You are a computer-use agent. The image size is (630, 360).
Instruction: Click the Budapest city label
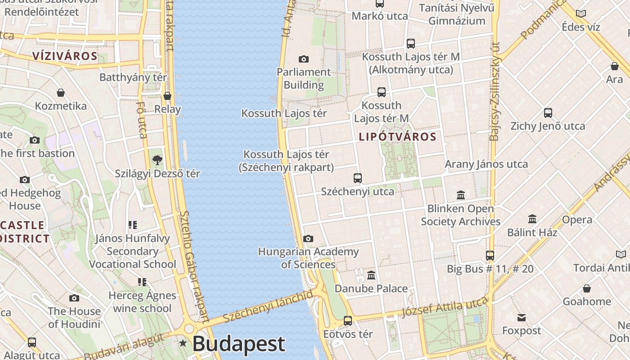tap(238, 344)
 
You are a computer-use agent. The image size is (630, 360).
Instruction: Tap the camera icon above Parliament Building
tap(304, 59)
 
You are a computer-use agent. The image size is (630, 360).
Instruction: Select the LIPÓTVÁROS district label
tap(398, 137)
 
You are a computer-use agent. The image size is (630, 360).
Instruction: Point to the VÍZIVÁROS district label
tap(65, 56)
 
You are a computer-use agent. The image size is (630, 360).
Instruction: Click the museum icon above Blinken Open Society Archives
tap(461, 195)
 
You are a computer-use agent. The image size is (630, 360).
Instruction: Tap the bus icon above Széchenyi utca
tap(358, 178)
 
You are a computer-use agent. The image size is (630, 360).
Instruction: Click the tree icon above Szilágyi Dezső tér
tap(157, 160)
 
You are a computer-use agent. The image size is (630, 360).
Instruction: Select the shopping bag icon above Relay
tap(167, 96)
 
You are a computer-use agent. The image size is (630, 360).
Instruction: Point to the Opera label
tap(577, 220)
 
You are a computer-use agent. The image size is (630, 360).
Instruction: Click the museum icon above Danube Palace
tap(371, 275)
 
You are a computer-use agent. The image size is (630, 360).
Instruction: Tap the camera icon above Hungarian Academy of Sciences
tap(308, 238)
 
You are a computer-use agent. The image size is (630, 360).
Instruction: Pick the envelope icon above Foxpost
tap(522, 318)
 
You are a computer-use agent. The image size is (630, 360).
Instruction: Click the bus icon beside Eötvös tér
tap(348, 321)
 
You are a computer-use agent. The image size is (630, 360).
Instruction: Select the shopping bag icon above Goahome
tap(587, 288)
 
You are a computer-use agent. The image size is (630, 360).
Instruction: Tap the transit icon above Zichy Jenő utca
tap(548, 113)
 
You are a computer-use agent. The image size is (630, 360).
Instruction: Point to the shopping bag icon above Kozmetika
tap(61, 93)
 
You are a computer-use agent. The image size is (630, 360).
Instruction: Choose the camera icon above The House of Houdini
tap(74, 298)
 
